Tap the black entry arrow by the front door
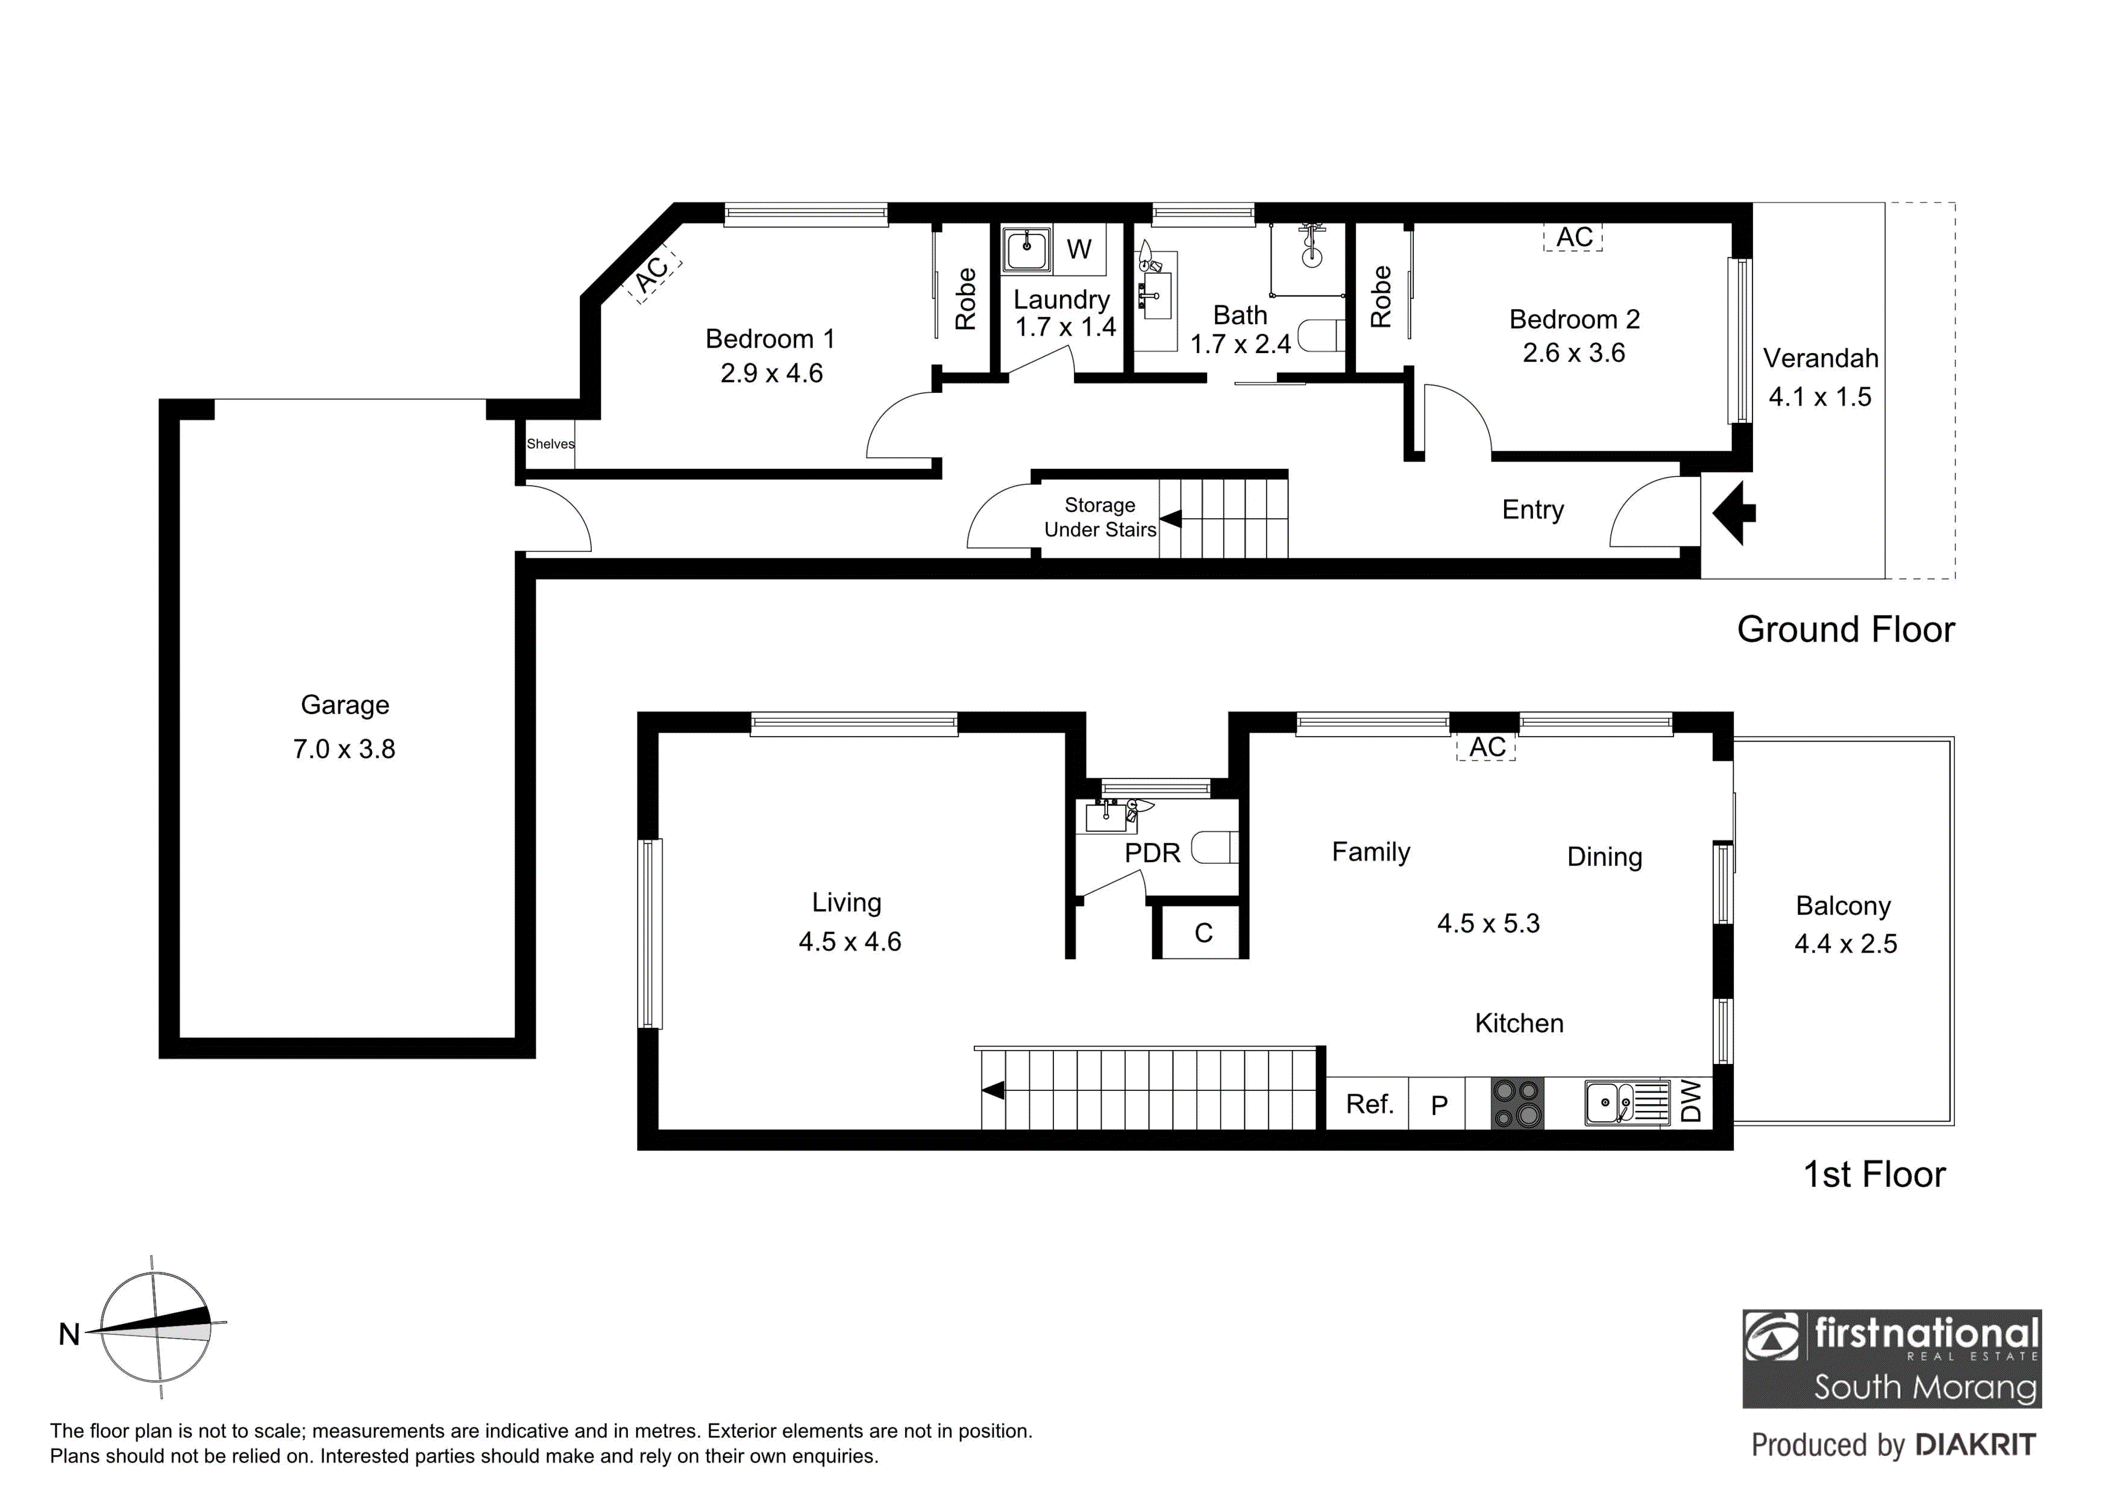click(x=1735, y=513)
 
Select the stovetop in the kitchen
click(x=1517, y=1103)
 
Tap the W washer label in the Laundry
click(x=1079, y=249)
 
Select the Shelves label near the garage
click(x=551, y=444)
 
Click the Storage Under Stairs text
click(x=1100, y=517)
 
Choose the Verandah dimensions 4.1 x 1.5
click(x=1821, y=397)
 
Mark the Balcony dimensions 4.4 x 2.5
click(x=1846, y=943)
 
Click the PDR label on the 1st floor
click(x=1153, y=852)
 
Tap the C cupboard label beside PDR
click(x=1203, y=933)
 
